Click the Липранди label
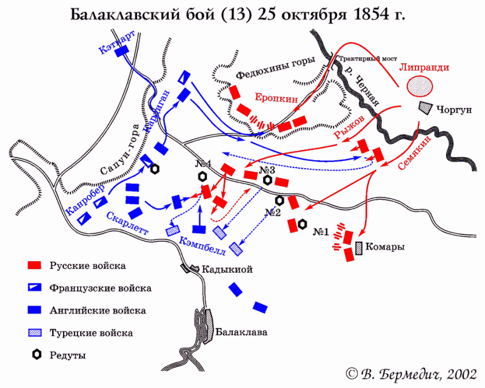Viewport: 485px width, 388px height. pos(424,67)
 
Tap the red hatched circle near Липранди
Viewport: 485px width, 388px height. pos(419,86)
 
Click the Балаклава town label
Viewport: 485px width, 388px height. pos(241,332)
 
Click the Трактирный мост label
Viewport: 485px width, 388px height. pos(368,59)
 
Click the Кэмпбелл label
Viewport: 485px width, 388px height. pos(202,246)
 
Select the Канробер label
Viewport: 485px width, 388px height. pos(85,199)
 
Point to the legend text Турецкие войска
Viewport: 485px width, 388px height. pos(91,333)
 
